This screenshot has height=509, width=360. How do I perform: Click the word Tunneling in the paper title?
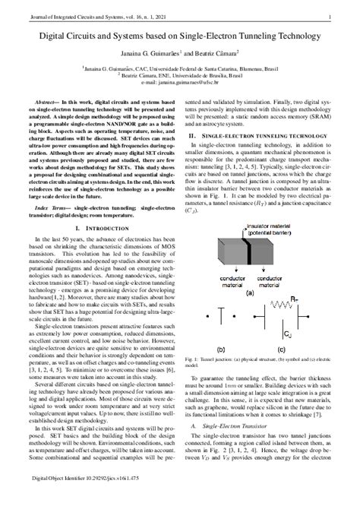[x=234, y=36]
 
